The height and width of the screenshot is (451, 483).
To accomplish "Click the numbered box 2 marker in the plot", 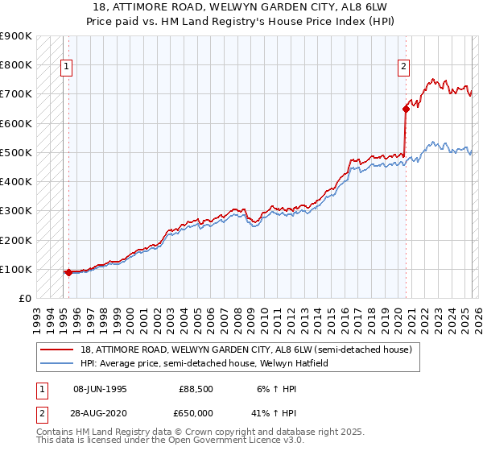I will click(x=403, y=68).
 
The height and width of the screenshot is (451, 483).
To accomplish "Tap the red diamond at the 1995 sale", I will click(x=68, y=272).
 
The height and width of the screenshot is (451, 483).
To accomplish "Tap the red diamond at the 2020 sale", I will click(x=406, y=109).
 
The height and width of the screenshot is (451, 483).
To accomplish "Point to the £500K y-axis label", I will click(x=16, y=152).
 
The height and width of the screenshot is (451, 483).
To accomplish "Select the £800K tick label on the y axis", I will click(x=16, y=64).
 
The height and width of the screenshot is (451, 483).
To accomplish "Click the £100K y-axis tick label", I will click(x=16, y=269).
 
